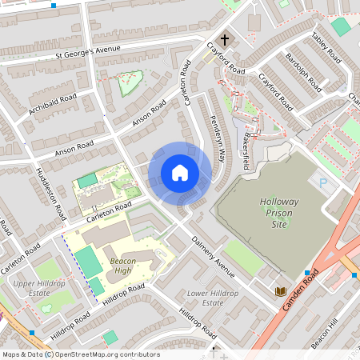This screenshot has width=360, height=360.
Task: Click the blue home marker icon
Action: (180, 172)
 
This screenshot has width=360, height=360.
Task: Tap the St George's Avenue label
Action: (87, 53)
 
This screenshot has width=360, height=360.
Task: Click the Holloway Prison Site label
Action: (277, 214)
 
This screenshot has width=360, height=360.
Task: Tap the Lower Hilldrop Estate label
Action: (213, 298)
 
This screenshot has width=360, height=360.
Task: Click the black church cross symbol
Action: (225, 38)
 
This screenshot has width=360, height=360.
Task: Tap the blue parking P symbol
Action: (323, 182)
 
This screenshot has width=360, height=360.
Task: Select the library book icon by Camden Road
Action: (281, 292)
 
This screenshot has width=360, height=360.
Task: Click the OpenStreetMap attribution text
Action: (81, 354)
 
